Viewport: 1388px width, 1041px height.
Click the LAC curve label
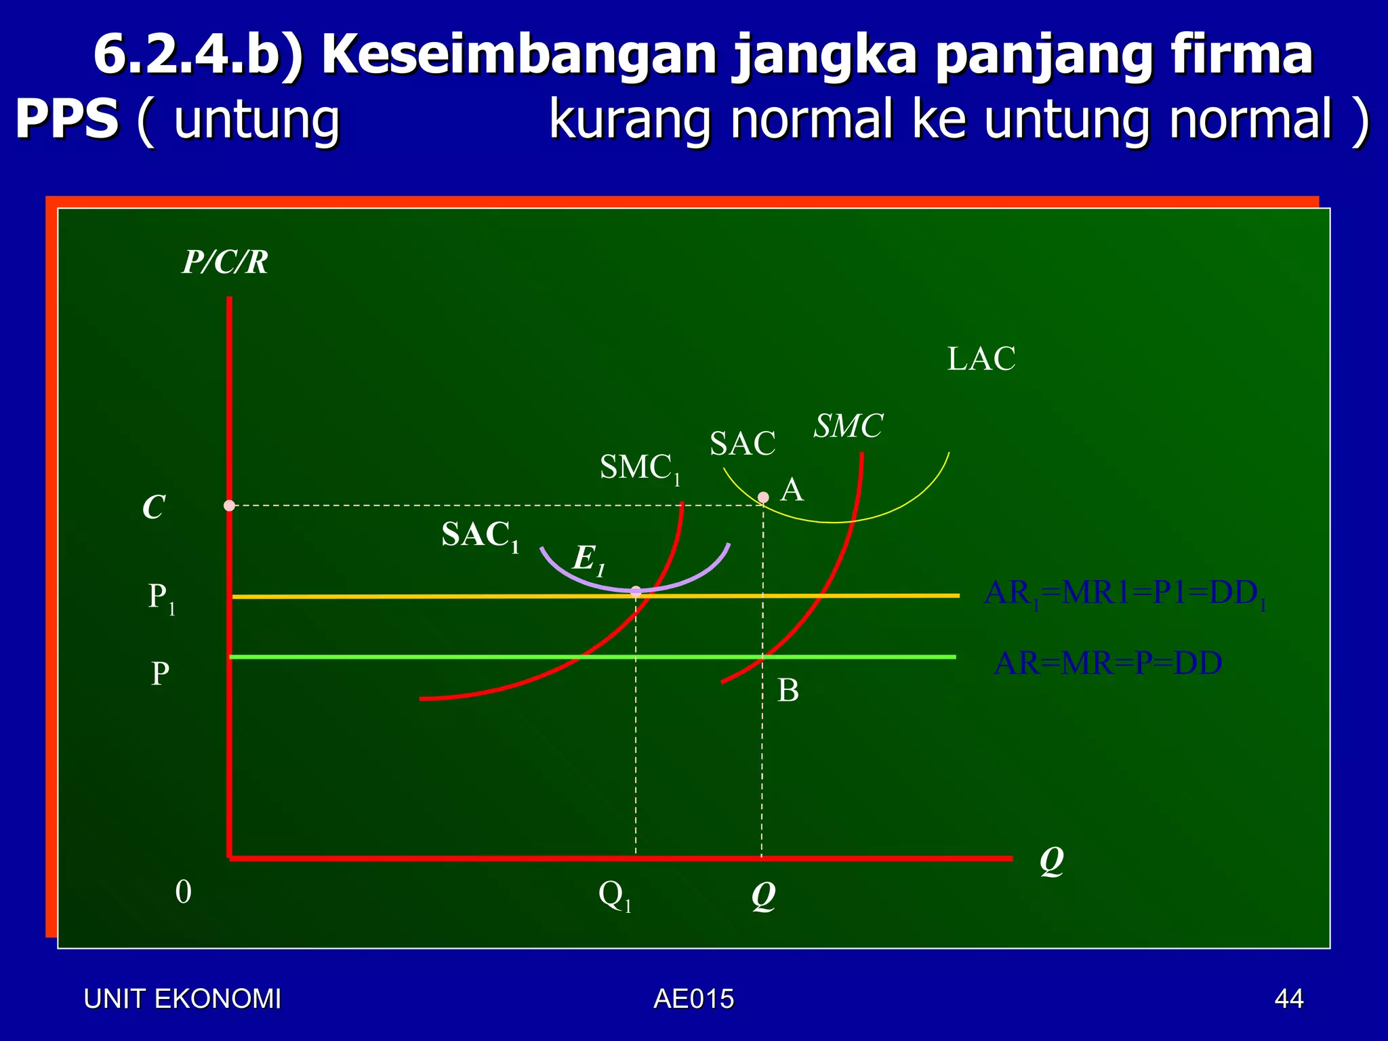pyautogui.click(x=981, y=359)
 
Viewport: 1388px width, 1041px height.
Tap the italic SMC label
pyautogui.click(x=848, y=426)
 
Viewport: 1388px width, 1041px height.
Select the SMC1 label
pyautogui.click(x=639, y=468)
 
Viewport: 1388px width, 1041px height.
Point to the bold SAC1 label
pyautogui.click(x=480, y=535)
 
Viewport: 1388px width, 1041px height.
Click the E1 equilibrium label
pyautogui.click(x=588, y=560)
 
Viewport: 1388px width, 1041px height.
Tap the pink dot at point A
pyautogui.click(x=763, y=497)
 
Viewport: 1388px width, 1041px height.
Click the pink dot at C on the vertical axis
pyautogui.click(x=230, y=506)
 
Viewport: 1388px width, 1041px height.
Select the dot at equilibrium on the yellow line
pyautogui.click(x=636, y=592)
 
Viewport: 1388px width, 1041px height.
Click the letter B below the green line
pyautogui.click(x=788, y=691)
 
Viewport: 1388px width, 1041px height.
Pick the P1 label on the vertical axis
pyautogui.click(x=161, y=598)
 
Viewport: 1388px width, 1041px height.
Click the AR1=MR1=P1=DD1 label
pyautogui.click(x=1124, y=594)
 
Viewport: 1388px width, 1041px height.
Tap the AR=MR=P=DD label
pyautogui.click(x=1107, y=664)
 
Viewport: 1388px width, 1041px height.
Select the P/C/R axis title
pyautogui.click(x=225, y=262)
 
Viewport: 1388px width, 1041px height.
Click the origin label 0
pyautogui.click(x=183, y=893)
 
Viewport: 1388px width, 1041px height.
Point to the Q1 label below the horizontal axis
pyautogui.click(x=615, y=896)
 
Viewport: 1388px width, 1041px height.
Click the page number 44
pyautogui.click(x=1288, y=999)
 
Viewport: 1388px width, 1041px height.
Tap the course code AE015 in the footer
pyautogui.click(x=693, y=999)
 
